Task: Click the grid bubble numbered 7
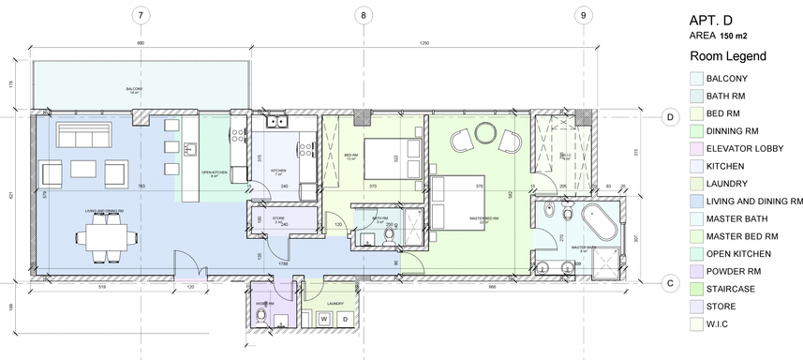[x=140, y=14]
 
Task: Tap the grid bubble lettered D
[x=670, y=117]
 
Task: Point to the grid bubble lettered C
[x=670, y=282]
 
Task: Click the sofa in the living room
[x=82, y=135]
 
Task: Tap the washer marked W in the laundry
[x=324, y=320]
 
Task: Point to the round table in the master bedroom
[x=485, y=141]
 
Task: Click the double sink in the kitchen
[x=276, y=121]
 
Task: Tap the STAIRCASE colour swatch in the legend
[x=695, y=289]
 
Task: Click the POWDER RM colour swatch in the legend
[x=695, y=271]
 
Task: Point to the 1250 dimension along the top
[x=424, y=45]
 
